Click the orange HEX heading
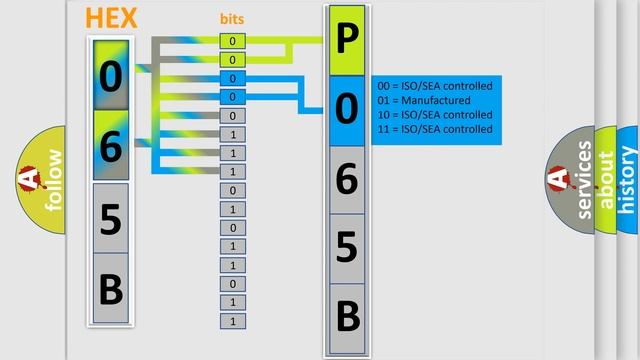(112, 18)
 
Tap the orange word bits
(232, 19)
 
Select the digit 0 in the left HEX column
(111, 76)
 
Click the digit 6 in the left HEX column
(111, 146)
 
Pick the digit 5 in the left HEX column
(111, 219)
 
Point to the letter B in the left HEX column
(111, 289)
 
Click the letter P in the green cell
(346, 41)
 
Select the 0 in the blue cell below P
(346, 110)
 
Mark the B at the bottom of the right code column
(346, 316)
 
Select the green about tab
(606, 180)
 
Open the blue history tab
(628, 180)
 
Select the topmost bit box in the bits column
(232, 41)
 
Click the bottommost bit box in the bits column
(232, 321)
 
